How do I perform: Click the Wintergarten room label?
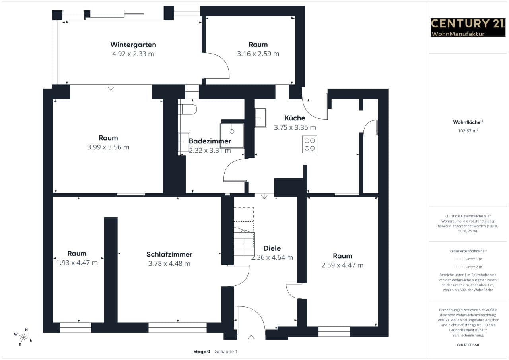[x=133, y=45]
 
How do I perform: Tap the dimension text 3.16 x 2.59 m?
[x=258, y=54]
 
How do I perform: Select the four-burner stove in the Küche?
[x=309, y=144]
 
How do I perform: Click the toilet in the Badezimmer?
[x=188, y=109]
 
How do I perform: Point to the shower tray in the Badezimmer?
[x=232, y=136]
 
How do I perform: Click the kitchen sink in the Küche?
[x=260, y=118]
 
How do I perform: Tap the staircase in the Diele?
[x=244, y=241]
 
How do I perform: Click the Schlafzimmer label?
[x=169, y=254]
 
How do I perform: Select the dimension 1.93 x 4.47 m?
[x=77, y=263]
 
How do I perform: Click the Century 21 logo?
[x=468, y=27]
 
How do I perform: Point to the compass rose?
[x=23, y=337]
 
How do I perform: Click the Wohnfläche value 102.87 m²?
[x=468, y=130]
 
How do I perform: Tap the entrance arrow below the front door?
[x=251, y=338]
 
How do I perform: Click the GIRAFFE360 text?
[x=468, y=345]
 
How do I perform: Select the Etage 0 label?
[x=202, y=352]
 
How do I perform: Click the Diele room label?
[x=272, y=248]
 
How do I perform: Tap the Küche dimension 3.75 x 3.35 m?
[x=295, y=127]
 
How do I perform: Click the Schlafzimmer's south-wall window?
[x=177, y=327]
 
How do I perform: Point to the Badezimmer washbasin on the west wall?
[x=184, y=142]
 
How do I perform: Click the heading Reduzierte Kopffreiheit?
[x=468, y=251]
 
